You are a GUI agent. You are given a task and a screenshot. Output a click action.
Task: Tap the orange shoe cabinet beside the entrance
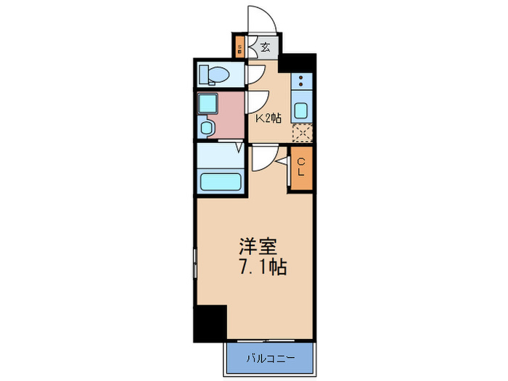(239, 49)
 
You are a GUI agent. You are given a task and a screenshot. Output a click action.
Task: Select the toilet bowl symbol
(215, 74)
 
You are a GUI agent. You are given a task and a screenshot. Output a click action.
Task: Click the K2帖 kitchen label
(268, 117)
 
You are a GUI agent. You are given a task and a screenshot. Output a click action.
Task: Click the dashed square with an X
(302, 134)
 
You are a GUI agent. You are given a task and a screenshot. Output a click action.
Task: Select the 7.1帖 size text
(263, 267)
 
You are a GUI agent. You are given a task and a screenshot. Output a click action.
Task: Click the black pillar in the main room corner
(210, 324)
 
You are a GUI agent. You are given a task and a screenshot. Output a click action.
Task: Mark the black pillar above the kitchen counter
(298, 63)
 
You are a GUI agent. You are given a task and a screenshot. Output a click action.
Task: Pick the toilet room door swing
(256, 75)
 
